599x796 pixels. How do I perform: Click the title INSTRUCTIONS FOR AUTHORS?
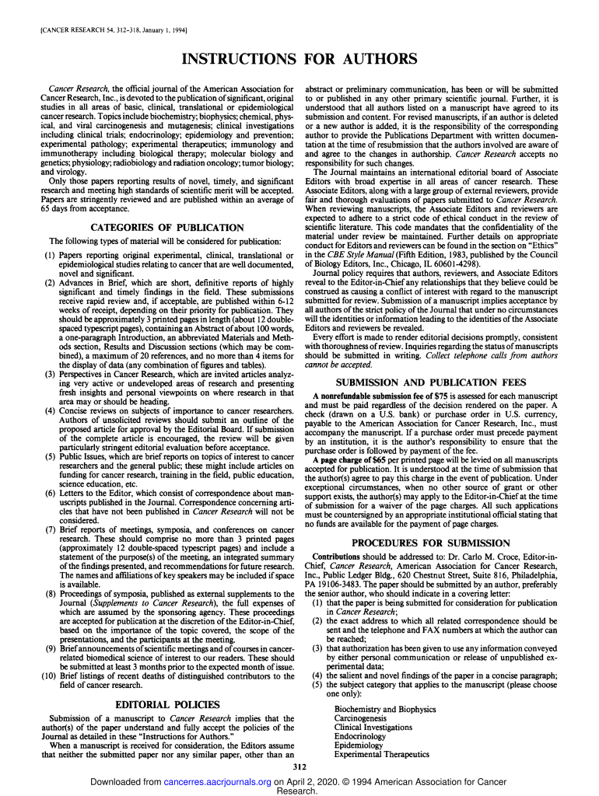299,60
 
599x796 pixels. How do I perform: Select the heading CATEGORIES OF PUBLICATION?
167,227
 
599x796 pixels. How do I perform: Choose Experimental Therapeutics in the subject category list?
381,754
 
